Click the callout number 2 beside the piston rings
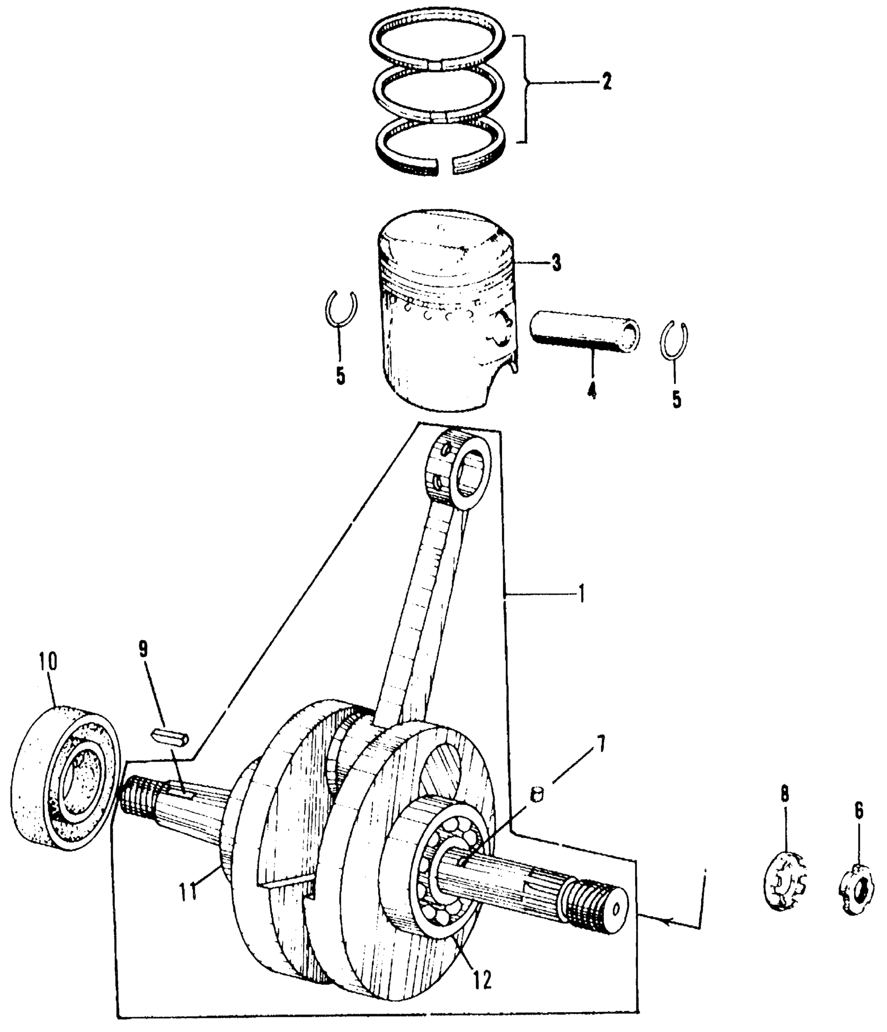[x=606, y=82]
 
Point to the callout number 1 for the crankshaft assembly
[x=581, y=594]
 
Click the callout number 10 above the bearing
[x=47, y=662]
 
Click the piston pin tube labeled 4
[x=585, y=333]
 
